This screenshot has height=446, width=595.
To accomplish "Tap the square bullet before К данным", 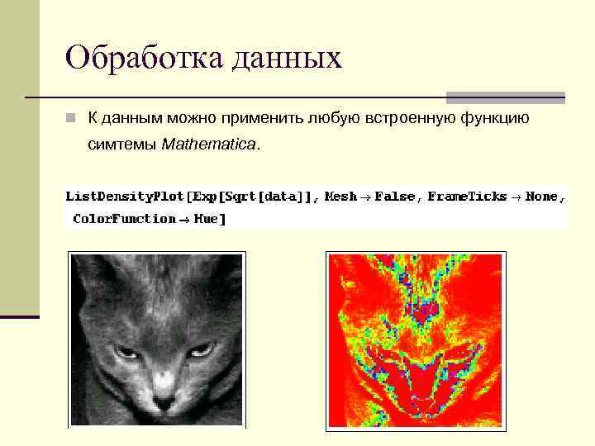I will (72, 119).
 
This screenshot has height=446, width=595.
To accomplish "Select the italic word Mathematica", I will (209, 145).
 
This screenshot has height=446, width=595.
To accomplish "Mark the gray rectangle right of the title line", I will (506, 97).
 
